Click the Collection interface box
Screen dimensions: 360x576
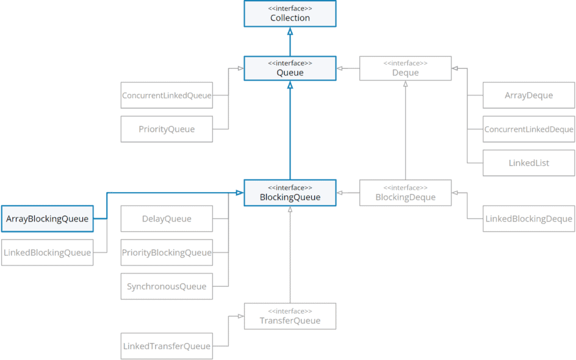290,13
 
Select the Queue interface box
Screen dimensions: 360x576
290,68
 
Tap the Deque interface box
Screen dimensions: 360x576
405,68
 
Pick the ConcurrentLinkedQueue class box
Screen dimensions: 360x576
167,95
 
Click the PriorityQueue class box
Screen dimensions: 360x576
167,129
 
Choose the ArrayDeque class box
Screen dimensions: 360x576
528,95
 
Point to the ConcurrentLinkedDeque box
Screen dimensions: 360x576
528,129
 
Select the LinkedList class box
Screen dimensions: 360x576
528,163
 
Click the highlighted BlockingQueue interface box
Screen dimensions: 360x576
290,192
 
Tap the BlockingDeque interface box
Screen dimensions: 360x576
405,192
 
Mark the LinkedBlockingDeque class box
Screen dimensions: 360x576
528,218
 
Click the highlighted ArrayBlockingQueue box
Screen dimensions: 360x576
47,218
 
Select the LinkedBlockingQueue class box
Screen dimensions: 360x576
47,253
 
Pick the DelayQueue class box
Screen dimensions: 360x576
167,218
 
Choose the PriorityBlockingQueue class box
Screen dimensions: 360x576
167,253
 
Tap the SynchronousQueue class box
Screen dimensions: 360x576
167,286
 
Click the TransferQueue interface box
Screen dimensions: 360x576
290,316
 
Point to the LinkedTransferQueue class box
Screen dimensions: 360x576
167,346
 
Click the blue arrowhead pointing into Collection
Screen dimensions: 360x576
290,31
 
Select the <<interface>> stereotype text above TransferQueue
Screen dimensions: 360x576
290,311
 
